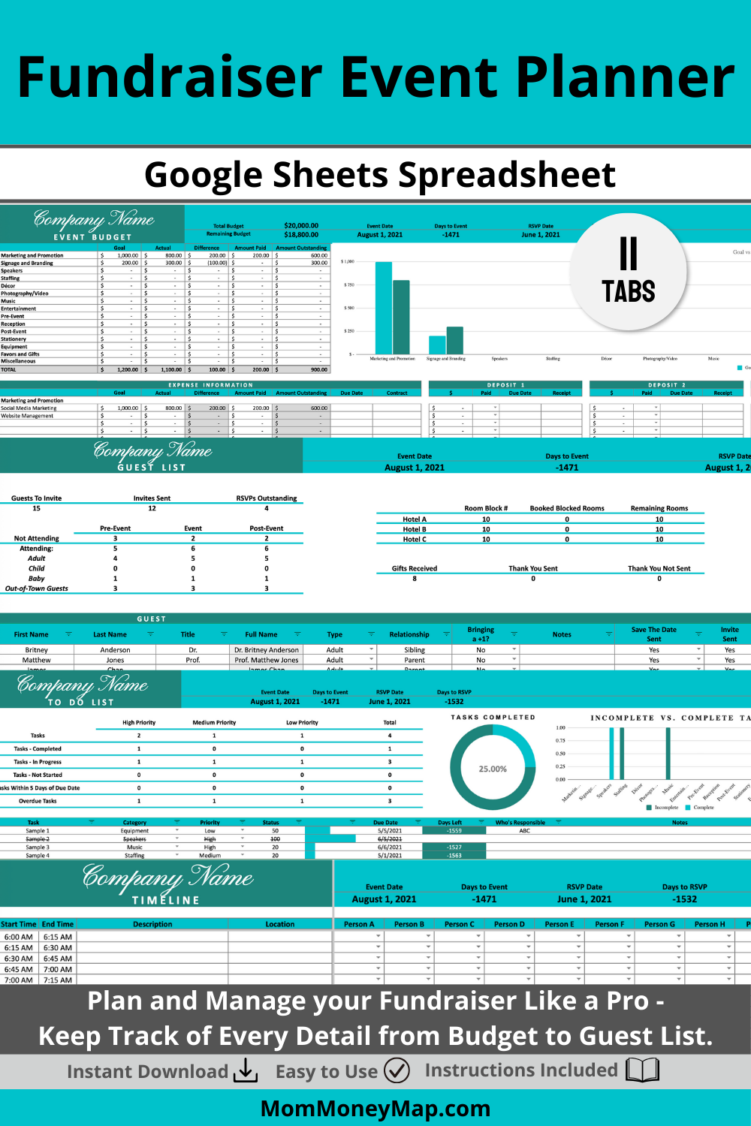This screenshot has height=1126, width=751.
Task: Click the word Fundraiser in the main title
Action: click(170, 77)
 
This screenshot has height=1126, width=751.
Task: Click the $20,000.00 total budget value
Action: click(301, 225)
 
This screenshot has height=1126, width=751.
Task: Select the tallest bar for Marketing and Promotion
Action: click(384, 308)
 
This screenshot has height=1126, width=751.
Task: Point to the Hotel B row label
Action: click(414, 529)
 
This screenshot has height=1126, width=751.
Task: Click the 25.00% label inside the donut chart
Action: click(493, 769)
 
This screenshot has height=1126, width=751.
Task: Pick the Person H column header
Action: click(710, 924)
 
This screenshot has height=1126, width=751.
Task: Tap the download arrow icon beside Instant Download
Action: click(246, 1071)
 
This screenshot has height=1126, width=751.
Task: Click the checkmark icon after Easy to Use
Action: click(397, 1070)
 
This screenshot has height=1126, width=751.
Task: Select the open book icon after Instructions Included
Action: click(643, 1070)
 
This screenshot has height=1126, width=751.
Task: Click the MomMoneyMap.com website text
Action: click(375, 1108)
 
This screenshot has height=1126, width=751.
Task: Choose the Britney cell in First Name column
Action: click(36, 650)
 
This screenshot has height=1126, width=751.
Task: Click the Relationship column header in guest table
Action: click(409, 634)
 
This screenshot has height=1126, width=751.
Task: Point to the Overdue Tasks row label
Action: click(38, 801)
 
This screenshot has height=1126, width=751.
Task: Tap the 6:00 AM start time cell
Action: click(18, 937)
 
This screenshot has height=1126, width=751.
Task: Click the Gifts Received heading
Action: click(414, 568)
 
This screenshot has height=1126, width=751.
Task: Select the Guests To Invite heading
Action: click(36, 498)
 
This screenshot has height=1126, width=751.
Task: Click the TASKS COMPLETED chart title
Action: click(493, 718)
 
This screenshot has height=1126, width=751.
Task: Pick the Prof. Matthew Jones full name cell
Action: click(266, 660)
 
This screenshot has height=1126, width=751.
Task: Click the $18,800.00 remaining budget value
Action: click(301, 234)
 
